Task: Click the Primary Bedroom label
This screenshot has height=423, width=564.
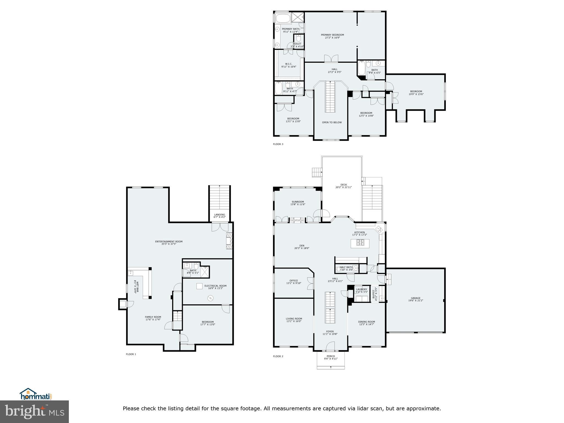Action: (x=332, y=35)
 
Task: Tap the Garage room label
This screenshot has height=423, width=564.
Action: (x=416, y=298)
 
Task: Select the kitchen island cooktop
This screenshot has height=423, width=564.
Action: (x=360, y=243)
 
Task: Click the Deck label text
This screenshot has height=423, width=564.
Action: (x=343, y=185)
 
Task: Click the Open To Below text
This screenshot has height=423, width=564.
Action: (x=332, y=122)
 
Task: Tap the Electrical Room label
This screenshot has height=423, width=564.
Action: (x=215, y=286)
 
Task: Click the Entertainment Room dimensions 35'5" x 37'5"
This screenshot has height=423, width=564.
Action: (x=169, y=244)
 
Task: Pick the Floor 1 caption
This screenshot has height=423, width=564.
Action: (x=131, y=354)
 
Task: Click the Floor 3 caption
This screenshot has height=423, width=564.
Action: (x=278, y=144)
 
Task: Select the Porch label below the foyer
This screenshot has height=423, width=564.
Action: (x=330, y=356)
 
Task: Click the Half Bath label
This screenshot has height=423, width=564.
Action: (x=346, y=267)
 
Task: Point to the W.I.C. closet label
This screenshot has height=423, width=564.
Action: (x=288, y=64)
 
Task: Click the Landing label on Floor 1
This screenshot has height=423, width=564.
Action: (x=219, y=215)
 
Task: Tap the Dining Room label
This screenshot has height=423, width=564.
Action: (x=366, y=322)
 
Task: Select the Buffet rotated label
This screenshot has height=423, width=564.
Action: (x=374, y=295)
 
